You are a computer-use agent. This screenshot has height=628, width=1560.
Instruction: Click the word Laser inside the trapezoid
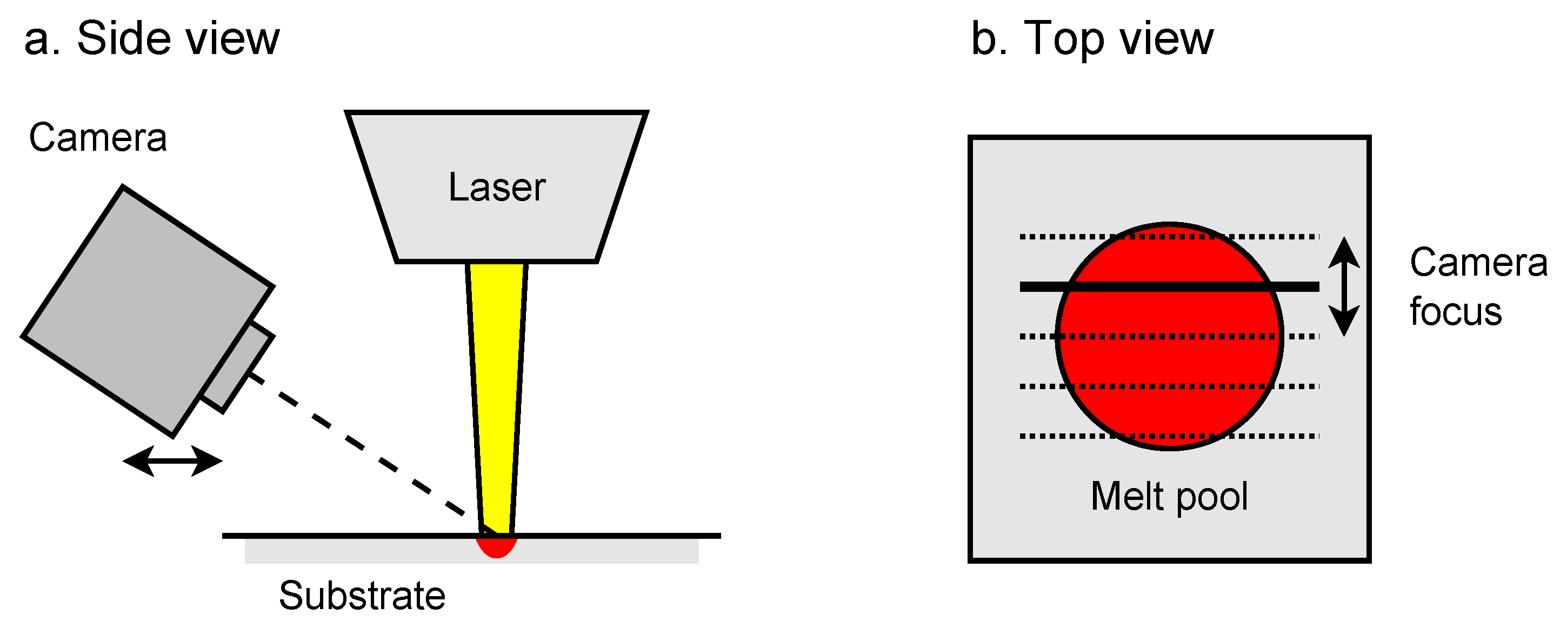497,187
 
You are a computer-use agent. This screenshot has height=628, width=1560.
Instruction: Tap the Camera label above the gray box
97,138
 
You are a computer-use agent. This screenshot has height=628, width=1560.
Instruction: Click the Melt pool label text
1169,497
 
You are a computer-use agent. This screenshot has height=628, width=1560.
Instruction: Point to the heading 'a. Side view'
151,39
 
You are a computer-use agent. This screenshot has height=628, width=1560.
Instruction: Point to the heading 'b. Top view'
1092,39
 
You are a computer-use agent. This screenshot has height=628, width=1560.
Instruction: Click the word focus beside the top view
1455,312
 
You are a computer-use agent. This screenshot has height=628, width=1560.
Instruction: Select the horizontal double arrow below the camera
172,461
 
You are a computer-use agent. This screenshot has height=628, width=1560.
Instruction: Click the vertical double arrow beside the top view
1344,286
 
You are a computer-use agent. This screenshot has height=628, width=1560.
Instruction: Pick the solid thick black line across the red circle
1169,286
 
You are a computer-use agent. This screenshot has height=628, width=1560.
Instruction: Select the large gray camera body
145,309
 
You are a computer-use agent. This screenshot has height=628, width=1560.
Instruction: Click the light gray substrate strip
605,551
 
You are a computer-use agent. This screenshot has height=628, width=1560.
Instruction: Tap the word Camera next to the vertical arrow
1478,263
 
